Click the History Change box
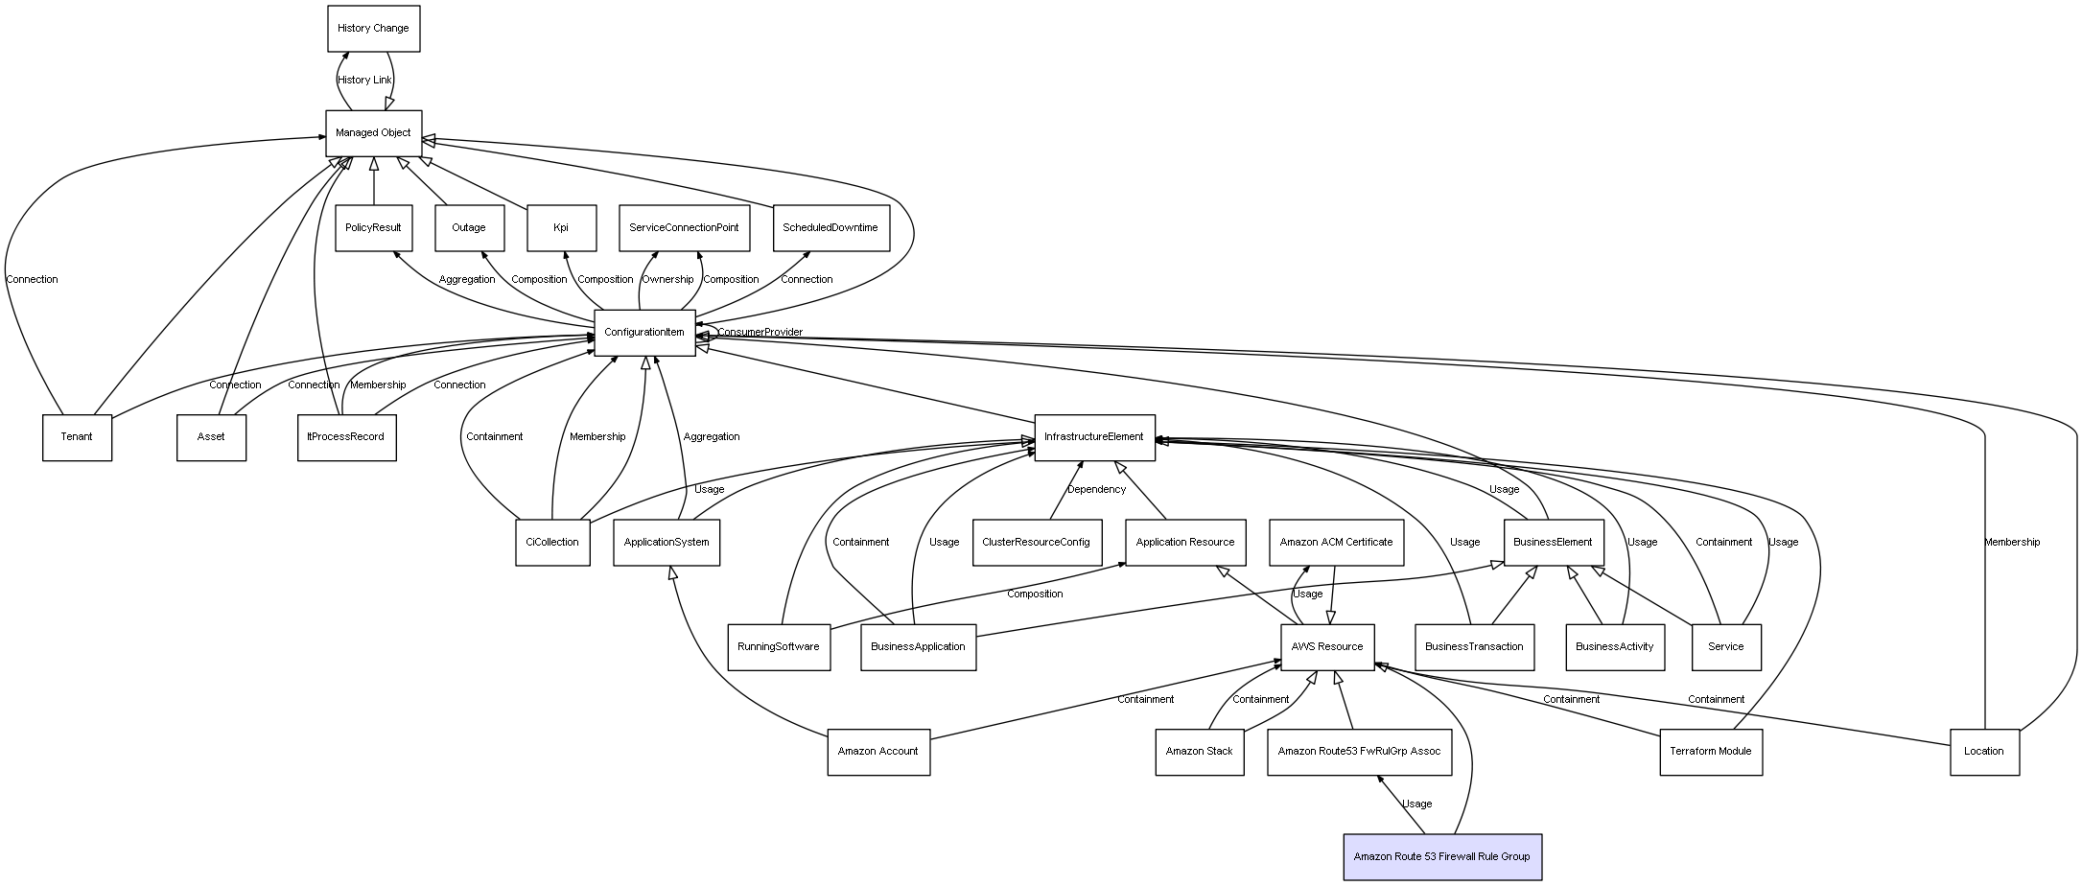[373, 28]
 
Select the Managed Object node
[373, 133]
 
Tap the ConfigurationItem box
[644, 333]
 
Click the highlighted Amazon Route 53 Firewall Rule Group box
[1442, 856]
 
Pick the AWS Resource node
[1327, 647]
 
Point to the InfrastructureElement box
[1094, 437]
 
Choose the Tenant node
[77, 437]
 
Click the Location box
[1984, 752]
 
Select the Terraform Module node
[1711, 752]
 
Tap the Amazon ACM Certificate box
[1336, 543]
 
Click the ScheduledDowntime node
[830, 228]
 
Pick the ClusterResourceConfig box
[1036, 543]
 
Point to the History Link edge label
[364, 81]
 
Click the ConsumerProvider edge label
[760, 333]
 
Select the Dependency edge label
[1096, 490]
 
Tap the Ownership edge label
[667, 280]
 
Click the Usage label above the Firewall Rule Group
[1416, 804]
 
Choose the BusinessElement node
[1553, 543]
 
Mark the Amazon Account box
[878, 752]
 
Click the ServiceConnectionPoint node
[684, 228]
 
